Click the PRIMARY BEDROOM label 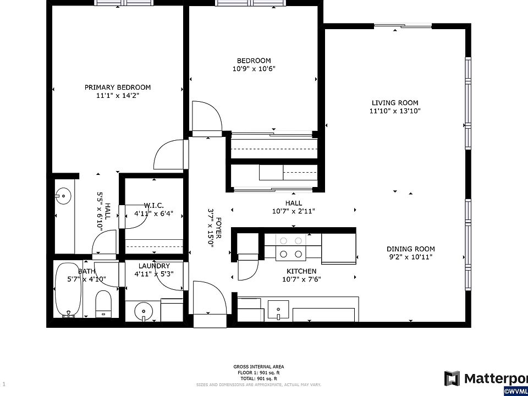117,87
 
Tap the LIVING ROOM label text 394,103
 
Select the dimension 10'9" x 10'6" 254,69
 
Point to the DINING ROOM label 411,249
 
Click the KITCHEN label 301,271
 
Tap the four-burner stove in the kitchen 291,247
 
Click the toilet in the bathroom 103,304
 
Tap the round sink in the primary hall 63,195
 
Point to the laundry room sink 143,310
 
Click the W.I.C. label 154,205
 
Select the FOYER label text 218,227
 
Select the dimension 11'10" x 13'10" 394,111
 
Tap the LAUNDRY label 154,266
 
